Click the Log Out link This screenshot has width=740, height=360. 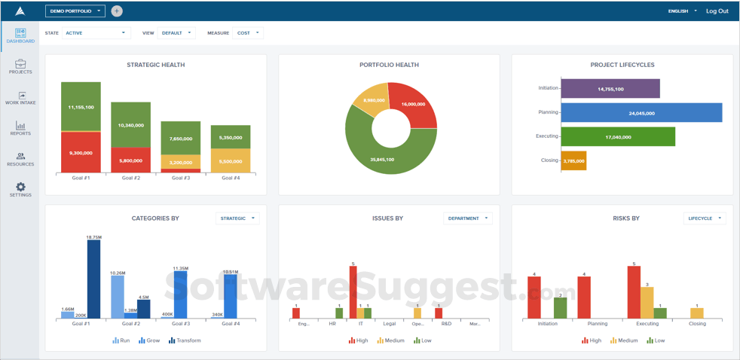point(717,11)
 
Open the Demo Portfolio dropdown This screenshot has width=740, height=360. point(75,11)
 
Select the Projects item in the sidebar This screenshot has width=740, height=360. point(20,67)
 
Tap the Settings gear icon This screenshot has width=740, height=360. point(20,188)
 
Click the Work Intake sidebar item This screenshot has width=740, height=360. point(20,98)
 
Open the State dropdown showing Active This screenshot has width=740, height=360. point(96,33)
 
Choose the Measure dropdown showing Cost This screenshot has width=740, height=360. point(248,33)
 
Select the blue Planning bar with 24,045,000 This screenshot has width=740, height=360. point(641,113)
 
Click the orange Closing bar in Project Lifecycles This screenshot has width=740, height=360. point(573,160)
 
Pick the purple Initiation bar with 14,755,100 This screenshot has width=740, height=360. point(610,89)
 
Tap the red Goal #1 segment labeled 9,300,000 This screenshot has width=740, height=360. point(81,153)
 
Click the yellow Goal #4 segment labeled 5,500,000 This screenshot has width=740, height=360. point(231,160)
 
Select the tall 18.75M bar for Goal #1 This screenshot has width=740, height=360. point(93,279)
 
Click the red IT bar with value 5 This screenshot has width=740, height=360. point(353,292)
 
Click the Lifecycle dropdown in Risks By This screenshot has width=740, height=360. point(705,218)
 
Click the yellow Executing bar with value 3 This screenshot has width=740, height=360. point(647,303)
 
